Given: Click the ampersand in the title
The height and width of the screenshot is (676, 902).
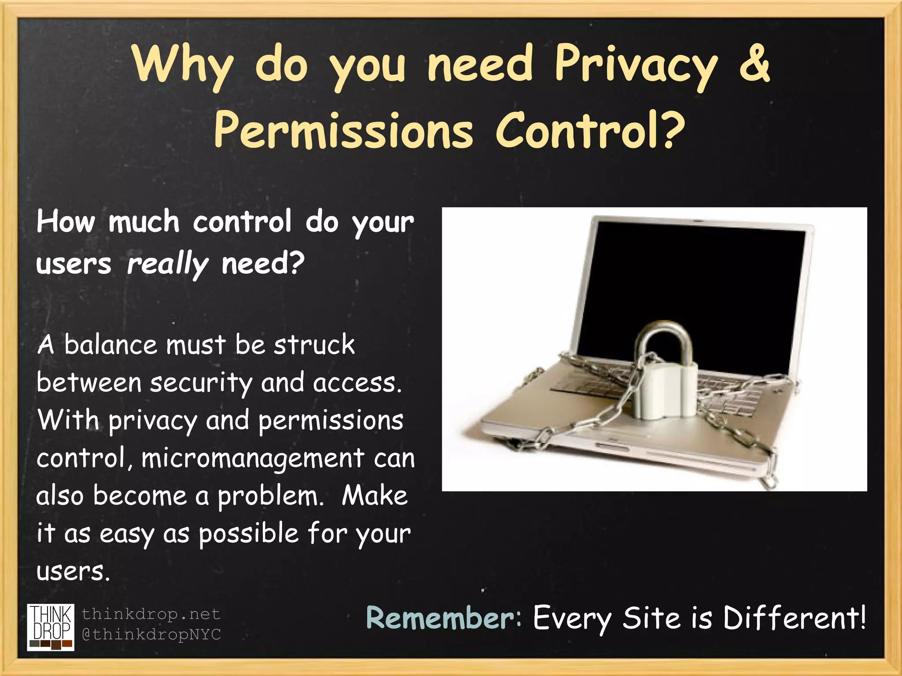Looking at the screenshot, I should [x=754, y=64].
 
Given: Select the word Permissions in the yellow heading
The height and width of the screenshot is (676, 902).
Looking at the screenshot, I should [x=343, y=131].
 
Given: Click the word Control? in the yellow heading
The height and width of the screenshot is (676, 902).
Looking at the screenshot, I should [x=590, y=130].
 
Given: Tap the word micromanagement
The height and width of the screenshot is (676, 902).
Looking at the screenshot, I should [x=252, y=459].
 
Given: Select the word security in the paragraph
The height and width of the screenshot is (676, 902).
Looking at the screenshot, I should [x=201, y=383].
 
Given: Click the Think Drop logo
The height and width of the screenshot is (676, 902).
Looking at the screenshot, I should [x=51, y=627].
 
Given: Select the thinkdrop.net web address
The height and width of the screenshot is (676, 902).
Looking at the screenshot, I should [x=151, y=614].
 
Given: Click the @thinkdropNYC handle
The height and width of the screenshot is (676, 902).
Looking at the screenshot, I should [x=151, y=634].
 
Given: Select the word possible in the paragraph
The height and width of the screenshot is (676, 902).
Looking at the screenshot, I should [x=249, y=534].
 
